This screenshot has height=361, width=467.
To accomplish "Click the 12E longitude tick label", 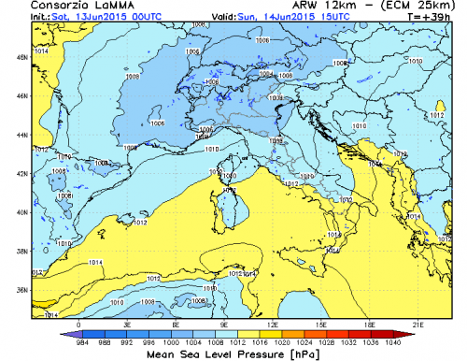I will coord(272,324).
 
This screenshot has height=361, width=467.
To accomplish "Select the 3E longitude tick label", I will coord(127,324).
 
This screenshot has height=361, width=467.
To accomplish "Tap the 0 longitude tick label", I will coord(78,324).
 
